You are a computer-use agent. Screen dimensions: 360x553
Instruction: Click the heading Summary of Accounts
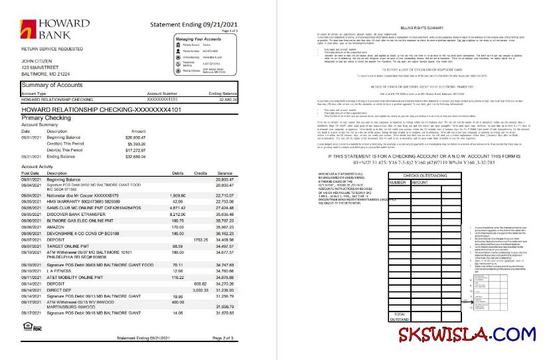tap(52, 85)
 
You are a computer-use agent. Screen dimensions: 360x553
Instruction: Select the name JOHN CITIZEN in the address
tap(37, 60)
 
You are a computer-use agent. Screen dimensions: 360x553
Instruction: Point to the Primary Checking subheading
tap(46, 117)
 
